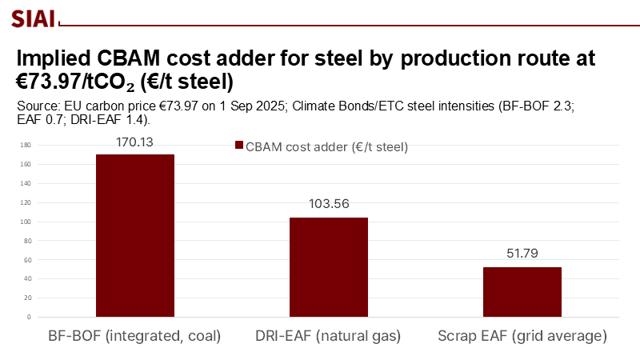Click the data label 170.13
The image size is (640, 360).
coord(135,142)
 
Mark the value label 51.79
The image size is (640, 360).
coord(522,254)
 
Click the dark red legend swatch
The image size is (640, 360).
coord(238,146)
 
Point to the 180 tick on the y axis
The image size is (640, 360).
coord(26,145)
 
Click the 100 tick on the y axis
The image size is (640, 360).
coord(26,222)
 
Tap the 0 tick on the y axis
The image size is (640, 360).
coord(28,317)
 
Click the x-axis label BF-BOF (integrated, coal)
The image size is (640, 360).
coord(135,336)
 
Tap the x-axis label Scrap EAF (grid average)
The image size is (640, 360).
coord(522,336)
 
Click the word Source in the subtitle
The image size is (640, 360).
coord(37,106)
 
